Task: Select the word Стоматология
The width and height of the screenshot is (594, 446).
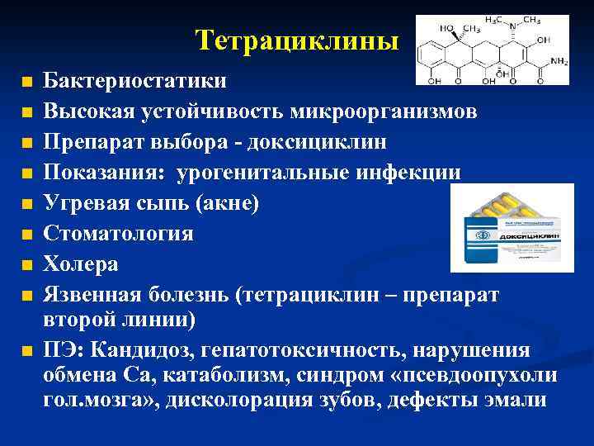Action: click(119, 234)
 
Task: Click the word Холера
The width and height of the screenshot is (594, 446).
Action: click(81, 264)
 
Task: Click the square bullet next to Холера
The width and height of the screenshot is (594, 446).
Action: click(26, 266)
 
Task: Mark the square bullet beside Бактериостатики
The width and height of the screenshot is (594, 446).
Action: click(26, 83)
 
